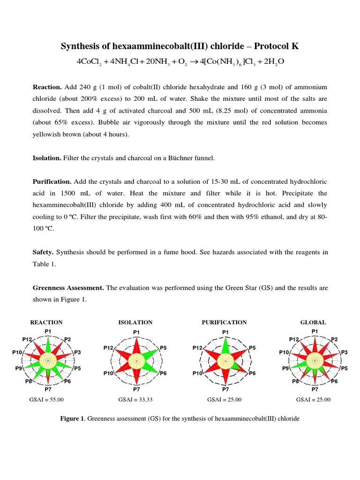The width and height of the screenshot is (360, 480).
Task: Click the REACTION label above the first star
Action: (46, 322)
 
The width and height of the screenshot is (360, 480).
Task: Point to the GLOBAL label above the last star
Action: (313, 322)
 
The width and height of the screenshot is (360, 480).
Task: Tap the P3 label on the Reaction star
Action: (77, 352)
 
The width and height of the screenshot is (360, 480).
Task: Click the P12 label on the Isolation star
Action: (108, 348)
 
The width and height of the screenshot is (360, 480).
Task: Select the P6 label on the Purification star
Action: (252, 373)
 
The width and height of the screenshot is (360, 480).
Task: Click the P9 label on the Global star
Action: (285, 368)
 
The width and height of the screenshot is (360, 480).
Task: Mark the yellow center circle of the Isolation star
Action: (136, 360)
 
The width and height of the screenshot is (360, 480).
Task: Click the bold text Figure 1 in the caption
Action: (73, 419)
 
